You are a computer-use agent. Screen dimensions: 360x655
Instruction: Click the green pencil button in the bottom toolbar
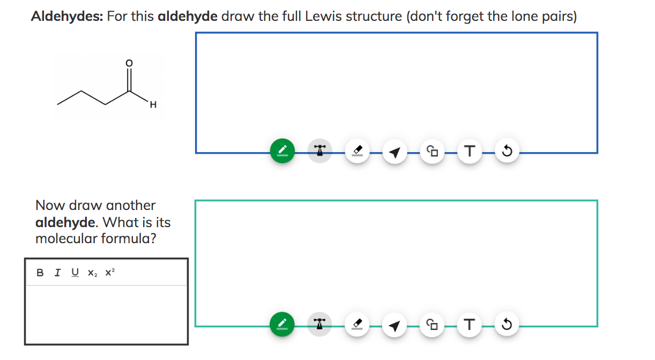282,324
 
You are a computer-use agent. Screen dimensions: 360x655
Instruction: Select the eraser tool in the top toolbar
357,152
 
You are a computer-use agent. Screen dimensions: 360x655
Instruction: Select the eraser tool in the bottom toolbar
357,324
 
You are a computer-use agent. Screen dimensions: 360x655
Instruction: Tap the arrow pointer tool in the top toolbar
395,153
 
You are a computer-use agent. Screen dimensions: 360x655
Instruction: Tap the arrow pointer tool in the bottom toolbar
395,325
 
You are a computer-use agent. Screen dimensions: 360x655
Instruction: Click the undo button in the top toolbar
507,152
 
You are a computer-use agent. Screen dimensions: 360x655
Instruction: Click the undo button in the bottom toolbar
507,324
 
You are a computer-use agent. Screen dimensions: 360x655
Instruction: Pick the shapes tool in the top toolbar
432,152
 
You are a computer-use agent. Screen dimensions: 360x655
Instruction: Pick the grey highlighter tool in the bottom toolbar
319,324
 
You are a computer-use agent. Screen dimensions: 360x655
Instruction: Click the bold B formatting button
40,273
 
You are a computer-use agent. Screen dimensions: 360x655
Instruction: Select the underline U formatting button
75,273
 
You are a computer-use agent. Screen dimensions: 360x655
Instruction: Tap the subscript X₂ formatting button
92,273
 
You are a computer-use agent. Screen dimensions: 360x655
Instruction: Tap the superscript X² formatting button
110,273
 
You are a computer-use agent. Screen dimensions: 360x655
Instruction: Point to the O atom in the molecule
128,63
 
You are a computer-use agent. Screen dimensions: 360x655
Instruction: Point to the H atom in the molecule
153,105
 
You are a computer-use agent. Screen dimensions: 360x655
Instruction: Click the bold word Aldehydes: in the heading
67,16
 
